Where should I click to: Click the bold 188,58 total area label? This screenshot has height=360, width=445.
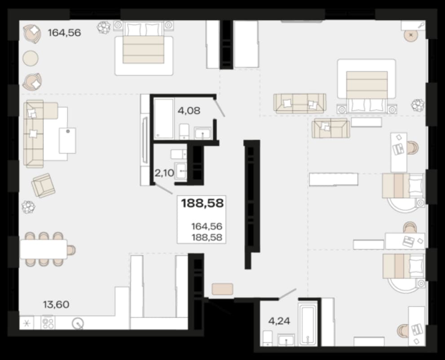pos(202,204)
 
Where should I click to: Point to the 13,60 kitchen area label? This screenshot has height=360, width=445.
pos(56,305)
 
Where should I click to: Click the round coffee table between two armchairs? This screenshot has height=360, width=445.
pos(31,58)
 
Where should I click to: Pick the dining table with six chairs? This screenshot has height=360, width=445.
pos(44,249)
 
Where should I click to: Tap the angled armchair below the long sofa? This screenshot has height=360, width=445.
pos(44,185)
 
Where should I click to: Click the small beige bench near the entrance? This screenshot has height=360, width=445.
pos(223,289)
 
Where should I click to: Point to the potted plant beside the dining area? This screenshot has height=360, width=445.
pos(28,207)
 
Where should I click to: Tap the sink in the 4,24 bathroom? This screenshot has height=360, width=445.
pos(286,341)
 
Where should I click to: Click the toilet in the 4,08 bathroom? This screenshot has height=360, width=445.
pos(184,132)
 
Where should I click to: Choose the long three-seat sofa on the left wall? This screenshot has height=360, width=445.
pos(34,133)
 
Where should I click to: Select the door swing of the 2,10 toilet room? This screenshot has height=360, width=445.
pos(163,189)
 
